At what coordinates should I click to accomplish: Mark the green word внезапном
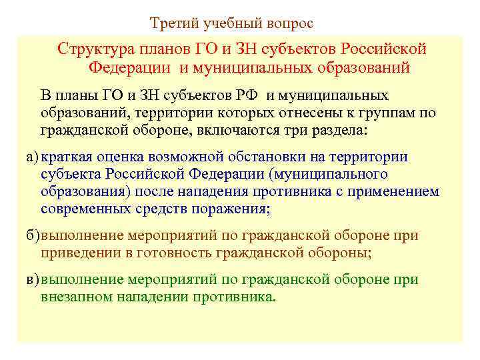tap(77, 297)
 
